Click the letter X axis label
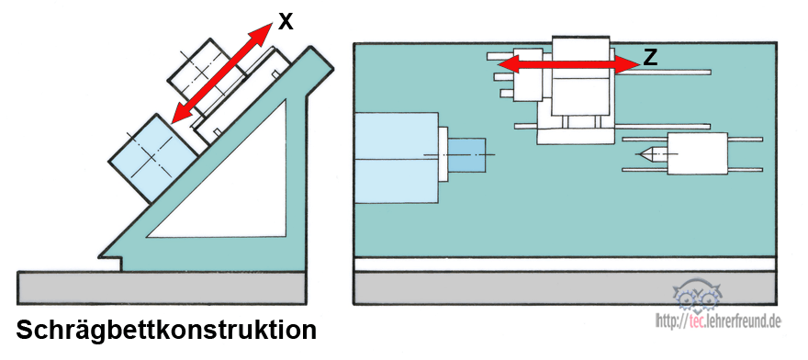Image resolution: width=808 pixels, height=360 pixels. click(286, 22)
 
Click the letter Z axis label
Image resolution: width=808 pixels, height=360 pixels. click(651, 58)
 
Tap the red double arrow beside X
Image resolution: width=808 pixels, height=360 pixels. click(221, 73)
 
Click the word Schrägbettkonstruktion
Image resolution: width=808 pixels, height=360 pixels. click(166, 329)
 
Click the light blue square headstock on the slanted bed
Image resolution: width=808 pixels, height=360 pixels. click(153, 158)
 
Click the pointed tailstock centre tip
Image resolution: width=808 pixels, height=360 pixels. click(639, 153)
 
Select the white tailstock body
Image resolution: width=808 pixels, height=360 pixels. click(697, 153)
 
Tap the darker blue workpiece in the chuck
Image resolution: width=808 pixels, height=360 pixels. click(466, 154)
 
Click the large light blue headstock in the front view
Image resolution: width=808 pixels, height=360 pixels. click(397, 157)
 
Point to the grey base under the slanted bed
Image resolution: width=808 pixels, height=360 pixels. click(162, 287)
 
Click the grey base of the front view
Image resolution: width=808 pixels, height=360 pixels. click(565, 287)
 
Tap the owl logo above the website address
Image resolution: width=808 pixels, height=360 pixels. click(697, 296)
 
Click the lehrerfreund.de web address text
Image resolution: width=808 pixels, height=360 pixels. click(718, 321)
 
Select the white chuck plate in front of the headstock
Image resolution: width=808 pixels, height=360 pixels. click(443, 153)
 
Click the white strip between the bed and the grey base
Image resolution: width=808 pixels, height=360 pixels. click(565, 264)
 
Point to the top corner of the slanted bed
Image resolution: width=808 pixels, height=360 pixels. click(311, 47)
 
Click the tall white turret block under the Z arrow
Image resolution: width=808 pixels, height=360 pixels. click(580, 76)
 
